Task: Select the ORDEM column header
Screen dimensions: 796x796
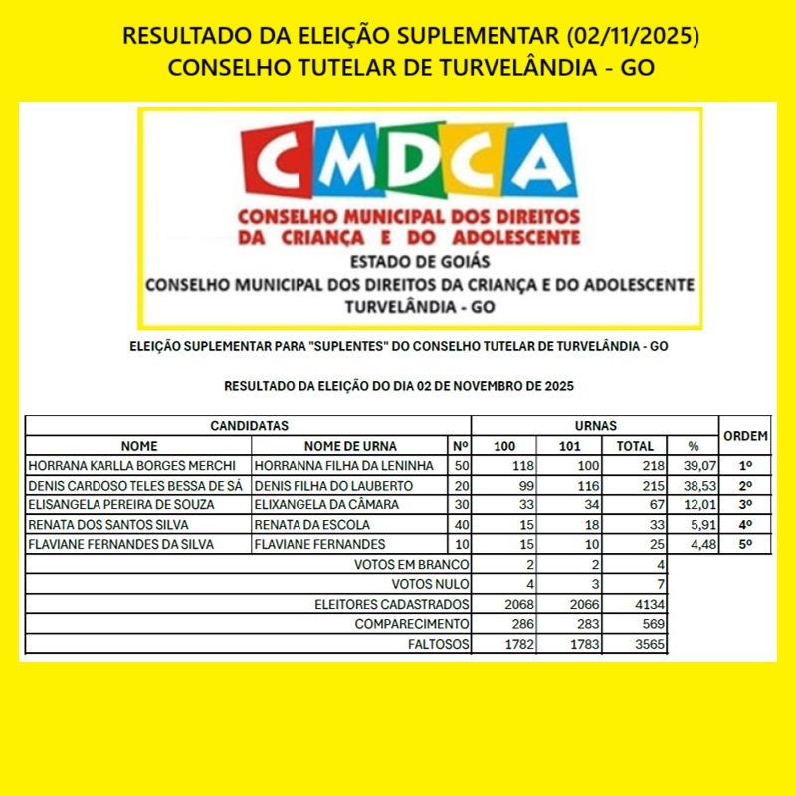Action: [744, 436]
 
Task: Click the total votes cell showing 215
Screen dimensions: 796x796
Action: [637, 486]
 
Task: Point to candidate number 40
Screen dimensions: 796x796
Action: [461, 525]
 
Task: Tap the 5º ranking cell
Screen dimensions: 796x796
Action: [744, 545]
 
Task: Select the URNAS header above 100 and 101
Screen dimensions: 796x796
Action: [595, 426]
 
